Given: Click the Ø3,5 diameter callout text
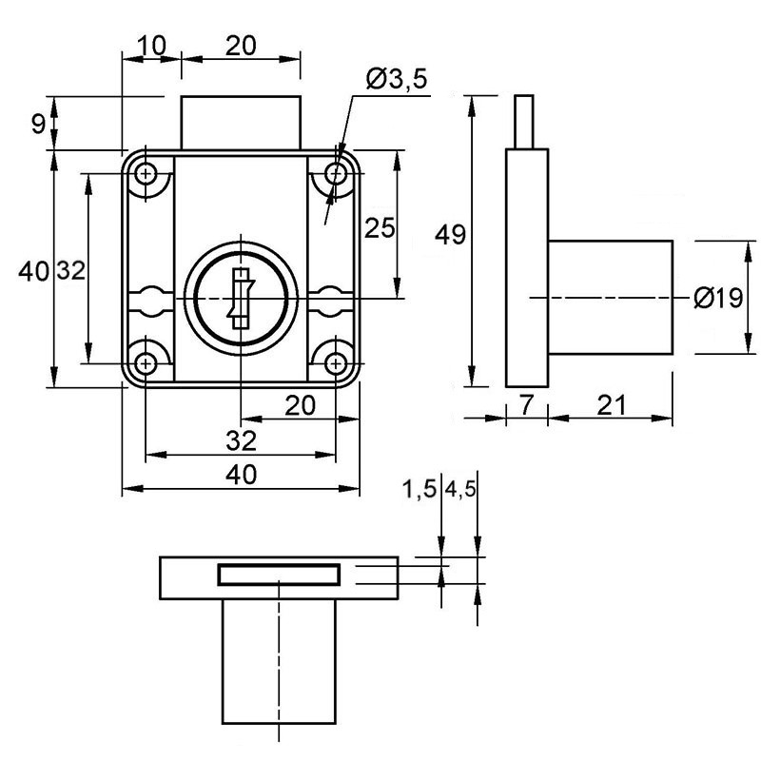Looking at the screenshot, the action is click(x=397, y=79).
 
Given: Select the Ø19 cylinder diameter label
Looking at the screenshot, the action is click(x=718, y=298).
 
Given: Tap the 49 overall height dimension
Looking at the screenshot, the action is click(x=450, y=235).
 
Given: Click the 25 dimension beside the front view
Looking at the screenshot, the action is click(x=380, y=227).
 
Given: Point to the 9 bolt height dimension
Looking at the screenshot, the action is click(x=38, y=125).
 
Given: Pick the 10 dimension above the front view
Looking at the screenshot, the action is click(x=152, y=46).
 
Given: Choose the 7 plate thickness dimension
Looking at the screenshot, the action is click(x=527, y=405).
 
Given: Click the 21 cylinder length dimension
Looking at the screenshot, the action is click(x=611, y=405).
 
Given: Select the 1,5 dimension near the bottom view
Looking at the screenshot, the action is click(x=420, y=489).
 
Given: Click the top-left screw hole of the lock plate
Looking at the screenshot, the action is click(x=146, y=173).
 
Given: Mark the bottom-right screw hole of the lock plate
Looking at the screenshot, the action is click(x=336, y=363).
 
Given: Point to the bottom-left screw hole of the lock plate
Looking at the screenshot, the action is click(x=146, y=363).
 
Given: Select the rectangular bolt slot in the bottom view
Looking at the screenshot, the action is click(x=279, y=575).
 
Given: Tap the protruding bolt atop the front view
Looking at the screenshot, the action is click(x=242, y=123).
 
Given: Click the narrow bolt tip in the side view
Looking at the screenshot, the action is click(x=524, y=122).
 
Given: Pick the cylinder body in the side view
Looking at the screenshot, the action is click(x=611, y=298).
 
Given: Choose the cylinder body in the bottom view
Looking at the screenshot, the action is click(x=279, y=661).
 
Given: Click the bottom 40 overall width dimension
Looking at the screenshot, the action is click(x=242, y=475).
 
